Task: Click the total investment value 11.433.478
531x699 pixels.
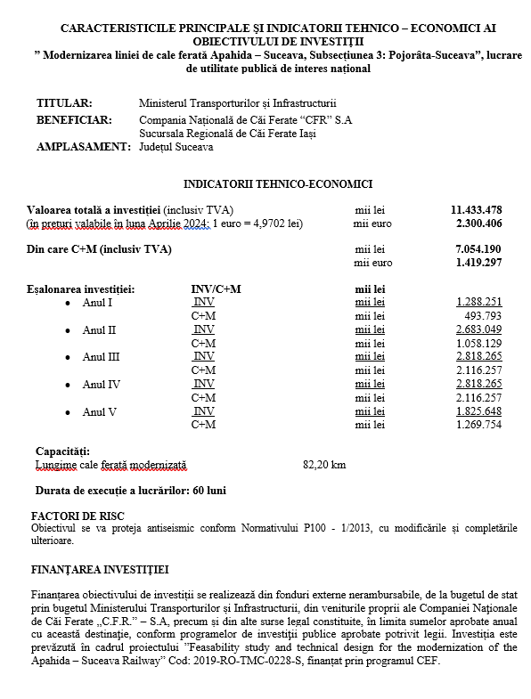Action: coord(477,209)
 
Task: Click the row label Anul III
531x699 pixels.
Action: coord(100,357)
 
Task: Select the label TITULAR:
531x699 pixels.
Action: coord(63,104)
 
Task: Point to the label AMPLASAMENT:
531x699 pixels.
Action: coord(83,147)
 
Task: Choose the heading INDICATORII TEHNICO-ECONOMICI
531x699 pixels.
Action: coord(277,183)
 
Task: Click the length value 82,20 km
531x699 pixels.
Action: coord(324,465)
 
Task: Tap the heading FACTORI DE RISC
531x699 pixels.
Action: coord(77,516)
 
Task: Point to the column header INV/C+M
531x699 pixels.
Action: coord(216,289)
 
